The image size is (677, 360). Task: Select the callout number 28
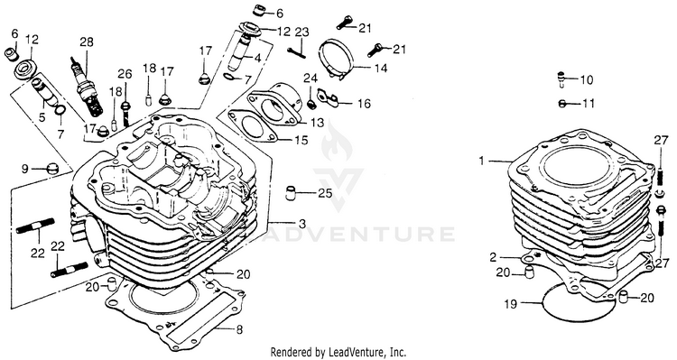click(x=86, y=42)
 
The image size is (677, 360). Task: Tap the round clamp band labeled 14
click(x=338, y=60)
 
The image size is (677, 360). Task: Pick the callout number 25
click(x=325, y=193)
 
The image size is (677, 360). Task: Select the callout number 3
click(x=302, y=224)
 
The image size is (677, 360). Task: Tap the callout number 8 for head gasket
click(x=239, y=330)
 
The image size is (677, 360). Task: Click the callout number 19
click(x=510, y=304)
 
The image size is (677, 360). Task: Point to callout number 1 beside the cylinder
click(x=482, y=161)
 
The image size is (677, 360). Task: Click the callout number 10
click(x=587, y=79)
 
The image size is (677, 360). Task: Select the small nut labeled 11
click(x=561, y=104)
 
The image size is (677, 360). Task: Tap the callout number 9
click(x=24, y=169)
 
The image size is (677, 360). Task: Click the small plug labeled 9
click(x=52, y=168)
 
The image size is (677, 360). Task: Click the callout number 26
click(x=125, y=74)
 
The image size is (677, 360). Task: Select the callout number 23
click(x=302, y=32)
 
